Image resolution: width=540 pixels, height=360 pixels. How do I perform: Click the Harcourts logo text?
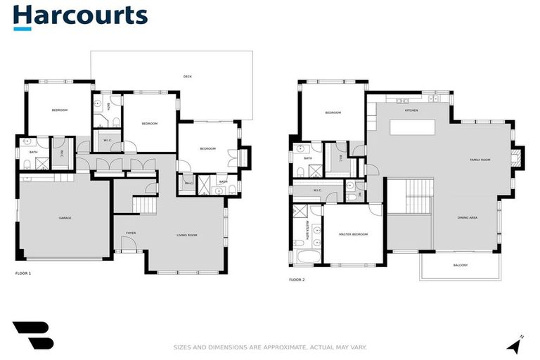point(80,15)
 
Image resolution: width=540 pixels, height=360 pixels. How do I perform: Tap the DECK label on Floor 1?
point(187,77)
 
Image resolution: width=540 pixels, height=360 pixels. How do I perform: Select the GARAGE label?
point(65,218)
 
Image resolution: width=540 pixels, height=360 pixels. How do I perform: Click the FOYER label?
point(131,233)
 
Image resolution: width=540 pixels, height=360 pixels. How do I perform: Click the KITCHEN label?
point(411,111)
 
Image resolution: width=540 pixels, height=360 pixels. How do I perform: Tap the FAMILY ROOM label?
point(480,160)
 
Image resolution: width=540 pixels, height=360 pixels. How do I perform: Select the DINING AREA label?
point(468,218)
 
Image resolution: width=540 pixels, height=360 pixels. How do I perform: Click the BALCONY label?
point(461,265)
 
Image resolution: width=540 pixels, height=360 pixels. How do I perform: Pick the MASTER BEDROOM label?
point(353,234)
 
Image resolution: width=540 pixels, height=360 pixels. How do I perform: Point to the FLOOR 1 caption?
point(23,272)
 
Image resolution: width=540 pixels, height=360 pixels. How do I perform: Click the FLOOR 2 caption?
point(297,280)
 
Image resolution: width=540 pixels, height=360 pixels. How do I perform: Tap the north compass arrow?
point(515,345)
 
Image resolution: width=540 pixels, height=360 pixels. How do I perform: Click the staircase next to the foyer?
point(145,205)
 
